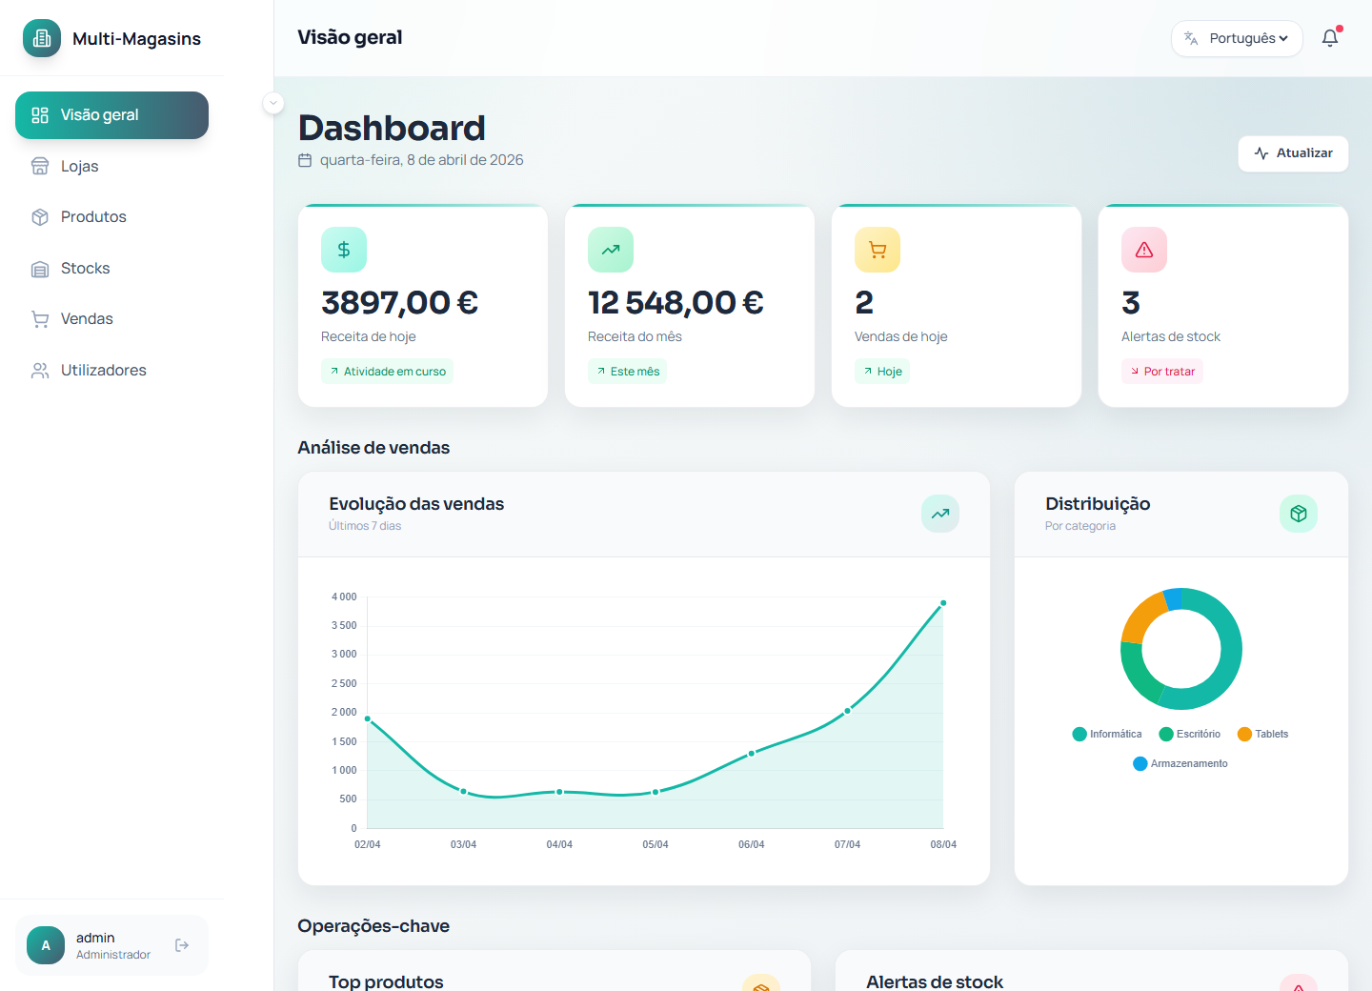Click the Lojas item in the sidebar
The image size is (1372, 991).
point(80,167)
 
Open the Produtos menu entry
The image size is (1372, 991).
point(93,217)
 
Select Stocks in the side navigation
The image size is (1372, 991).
point(86,269)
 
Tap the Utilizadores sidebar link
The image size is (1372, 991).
point(103,371)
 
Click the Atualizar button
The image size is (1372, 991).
point(1293,153)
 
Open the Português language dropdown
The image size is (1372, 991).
point(1237,39)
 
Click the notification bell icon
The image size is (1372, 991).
point(1330,39)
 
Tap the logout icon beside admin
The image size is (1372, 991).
point(182,945)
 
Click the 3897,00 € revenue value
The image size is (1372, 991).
point(400,303)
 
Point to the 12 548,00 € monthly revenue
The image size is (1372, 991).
point(676,303)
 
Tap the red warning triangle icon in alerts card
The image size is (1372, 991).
point(1144,250)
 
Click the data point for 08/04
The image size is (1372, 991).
point(943,603)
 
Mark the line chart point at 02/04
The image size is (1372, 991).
point(368,719)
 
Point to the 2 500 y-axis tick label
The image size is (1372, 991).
point(344,683)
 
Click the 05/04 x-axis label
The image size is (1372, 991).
point(656,845)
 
